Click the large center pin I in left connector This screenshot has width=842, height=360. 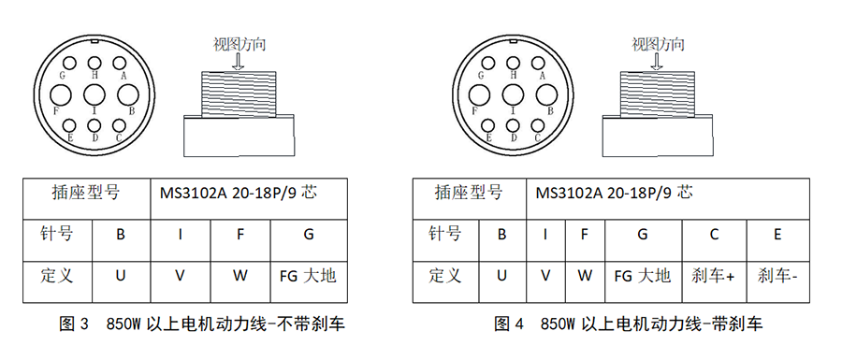[x=94, y=94]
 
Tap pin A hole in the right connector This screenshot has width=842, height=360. [x=540, y=62]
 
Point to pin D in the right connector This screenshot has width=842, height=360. [x=513, y=125]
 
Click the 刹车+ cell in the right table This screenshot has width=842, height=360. [x=714, y=276]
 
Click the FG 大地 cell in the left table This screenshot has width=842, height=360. [x=307, y=276]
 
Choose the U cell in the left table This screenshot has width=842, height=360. [x=121, y=276]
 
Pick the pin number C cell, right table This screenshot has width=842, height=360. [x=714, y=234]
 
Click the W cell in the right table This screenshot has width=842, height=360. [x=585, y=276]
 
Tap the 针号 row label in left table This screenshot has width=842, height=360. [x=56, y=234]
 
